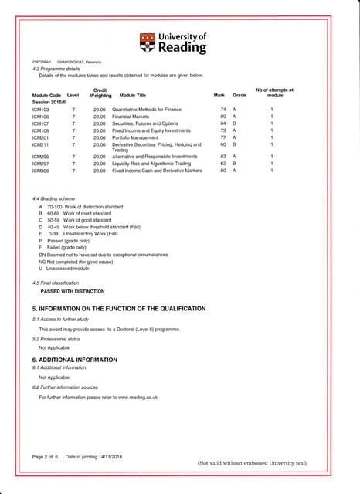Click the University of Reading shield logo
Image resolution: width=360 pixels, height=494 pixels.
[x=147, y=43]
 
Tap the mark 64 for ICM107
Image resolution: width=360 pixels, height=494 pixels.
[x=222, y=123]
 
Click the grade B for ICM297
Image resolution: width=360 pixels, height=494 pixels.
[x=234, y=164]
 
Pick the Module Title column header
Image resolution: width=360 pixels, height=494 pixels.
[x=133, y=95]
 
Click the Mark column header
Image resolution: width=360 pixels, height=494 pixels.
[x=219, y=95]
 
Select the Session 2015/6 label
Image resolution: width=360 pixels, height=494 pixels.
[x=50, y=102]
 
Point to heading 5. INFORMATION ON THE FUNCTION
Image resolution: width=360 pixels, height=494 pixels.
[x=118, y=309]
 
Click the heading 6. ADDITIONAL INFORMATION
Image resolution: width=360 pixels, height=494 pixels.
[x=74, y=360]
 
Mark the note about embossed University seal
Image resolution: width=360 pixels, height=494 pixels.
[x=252, y=463]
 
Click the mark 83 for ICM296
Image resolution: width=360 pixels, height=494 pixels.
[x=222, y=157]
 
